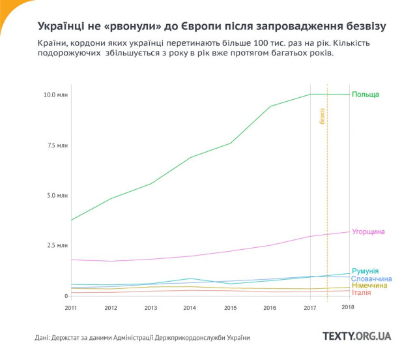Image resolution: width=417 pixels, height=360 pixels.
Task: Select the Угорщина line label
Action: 368,232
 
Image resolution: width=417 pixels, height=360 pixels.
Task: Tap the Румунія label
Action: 365,271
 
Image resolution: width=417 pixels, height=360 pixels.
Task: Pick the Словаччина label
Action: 371,278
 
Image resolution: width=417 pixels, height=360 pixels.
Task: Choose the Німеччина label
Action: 369,286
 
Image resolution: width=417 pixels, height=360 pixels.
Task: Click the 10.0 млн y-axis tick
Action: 55,95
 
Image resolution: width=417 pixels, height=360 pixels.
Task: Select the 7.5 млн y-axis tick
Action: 57,145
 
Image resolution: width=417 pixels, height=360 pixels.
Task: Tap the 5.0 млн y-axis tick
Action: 57,195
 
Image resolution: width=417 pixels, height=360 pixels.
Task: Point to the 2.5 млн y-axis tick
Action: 57,245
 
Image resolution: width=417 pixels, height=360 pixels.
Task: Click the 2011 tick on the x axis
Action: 71,307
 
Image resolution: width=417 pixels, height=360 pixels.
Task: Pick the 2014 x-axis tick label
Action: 190,307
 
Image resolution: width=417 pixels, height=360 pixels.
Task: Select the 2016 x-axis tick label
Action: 270,307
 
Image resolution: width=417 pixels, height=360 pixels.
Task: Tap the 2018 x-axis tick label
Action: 348,307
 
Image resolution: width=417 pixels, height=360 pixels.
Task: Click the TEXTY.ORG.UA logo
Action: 357,336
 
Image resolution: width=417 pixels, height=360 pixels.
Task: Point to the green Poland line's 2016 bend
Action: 270,106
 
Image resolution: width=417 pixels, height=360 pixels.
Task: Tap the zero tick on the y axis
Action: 65,295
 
